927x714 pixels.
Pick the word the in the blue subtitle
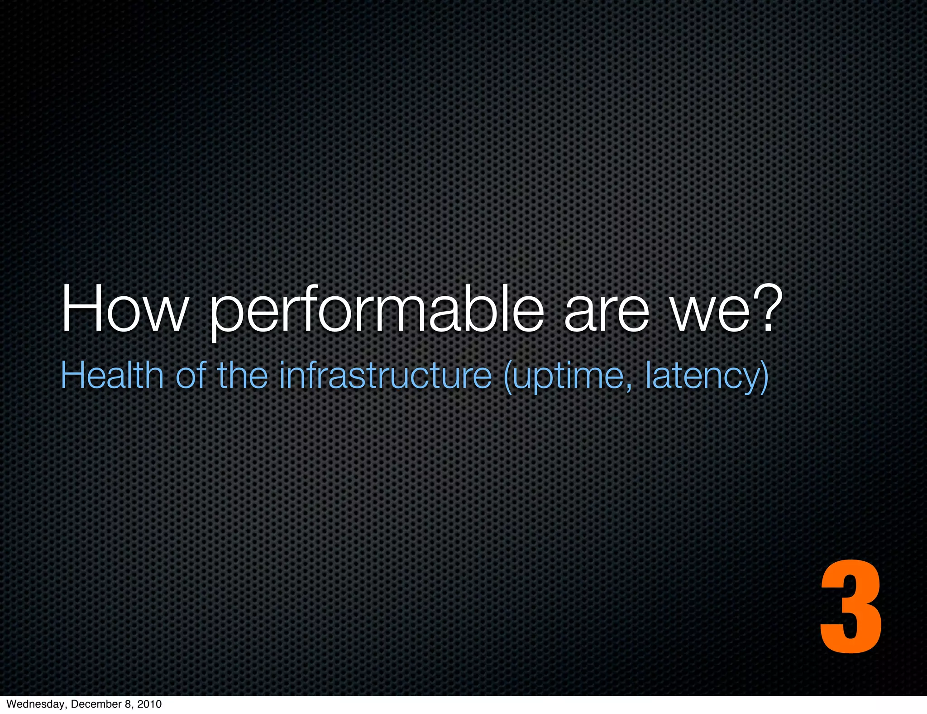click(243, 375)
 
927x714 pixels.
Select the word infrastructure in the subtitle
click(385, 375)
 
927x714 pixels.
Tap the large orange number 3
click(851, 608)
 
